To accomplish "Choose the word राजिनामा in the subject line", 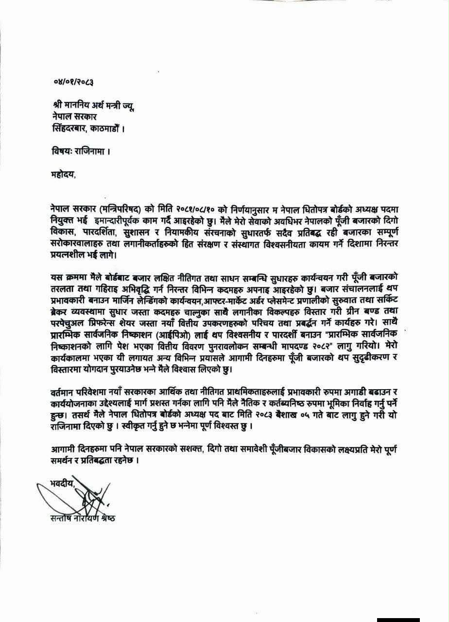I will (x=88, y=151).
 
